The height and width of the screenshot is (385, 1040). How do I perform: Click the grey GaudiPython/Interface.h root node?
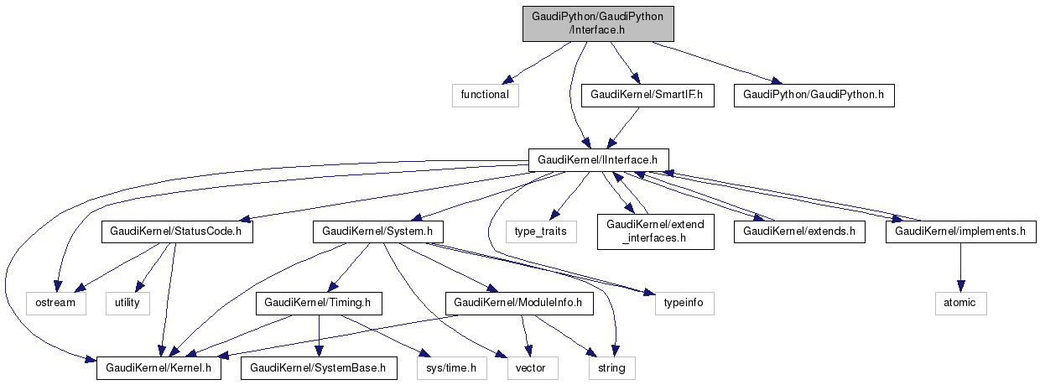[598, 23]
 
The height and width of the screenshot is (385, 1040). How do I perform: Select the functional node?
[485, 95]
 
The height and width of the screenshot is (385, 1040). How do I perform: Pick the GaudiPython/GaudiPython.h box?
[814, 95]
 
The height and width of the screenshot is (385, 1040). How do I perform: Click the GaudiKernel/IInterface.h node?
[598, 159]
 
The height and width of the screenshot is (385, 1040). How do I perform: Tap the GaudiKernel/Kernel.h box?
[159, 367]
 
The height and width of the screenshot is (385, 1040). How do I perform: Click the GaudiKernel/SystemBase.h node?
[318, 367]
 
